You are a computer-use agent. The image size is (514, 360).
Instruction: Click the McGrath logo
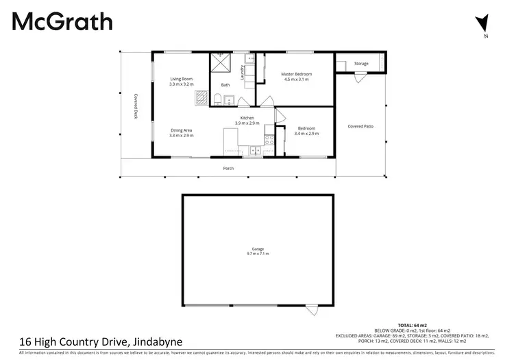pyautogui.click(x=62, y=21)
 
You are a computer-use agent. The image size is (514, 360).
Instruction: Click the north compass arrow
pyautogui.click(x=485, y=23)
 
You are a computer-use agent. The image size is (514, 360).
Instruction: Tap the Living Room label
pyautogui.click(x=182, y=79)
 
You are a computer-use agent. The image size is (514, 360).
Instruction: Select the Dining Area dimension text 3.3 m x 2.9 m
pyautogui.click(x=182, y=136)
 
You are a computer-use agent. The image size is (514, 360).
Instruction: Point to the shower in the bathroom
pyautogui.click(x=221, y=63)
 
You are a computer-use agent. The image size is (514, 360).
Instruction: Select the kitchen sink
pyautogui.click(x=256, y=149)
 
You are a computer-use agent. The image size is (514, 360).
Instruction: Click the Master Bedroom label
pyautogui.click(x=297, y=74)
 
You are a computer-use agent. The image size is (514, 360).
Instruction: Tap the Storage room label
pyautogui.click(x=361, y=64)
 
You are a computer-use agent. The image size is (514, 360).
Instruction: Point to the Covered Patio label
pyautogui.click(x=360, y=126)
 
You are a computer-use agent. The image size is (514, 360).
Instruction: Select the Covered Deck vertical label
pyautogui.click(x=136, y=106)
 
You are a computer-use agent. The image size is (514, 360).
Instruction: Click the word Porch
pyautogui.click(x=228, y=168)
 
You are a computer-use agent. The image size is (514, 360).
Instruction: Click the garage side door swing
pyautogui.click(x=312, y=311)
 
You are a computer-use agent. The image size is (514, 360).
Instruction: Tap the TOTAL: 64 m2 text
pyautogui.click(x=413, y=324)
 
